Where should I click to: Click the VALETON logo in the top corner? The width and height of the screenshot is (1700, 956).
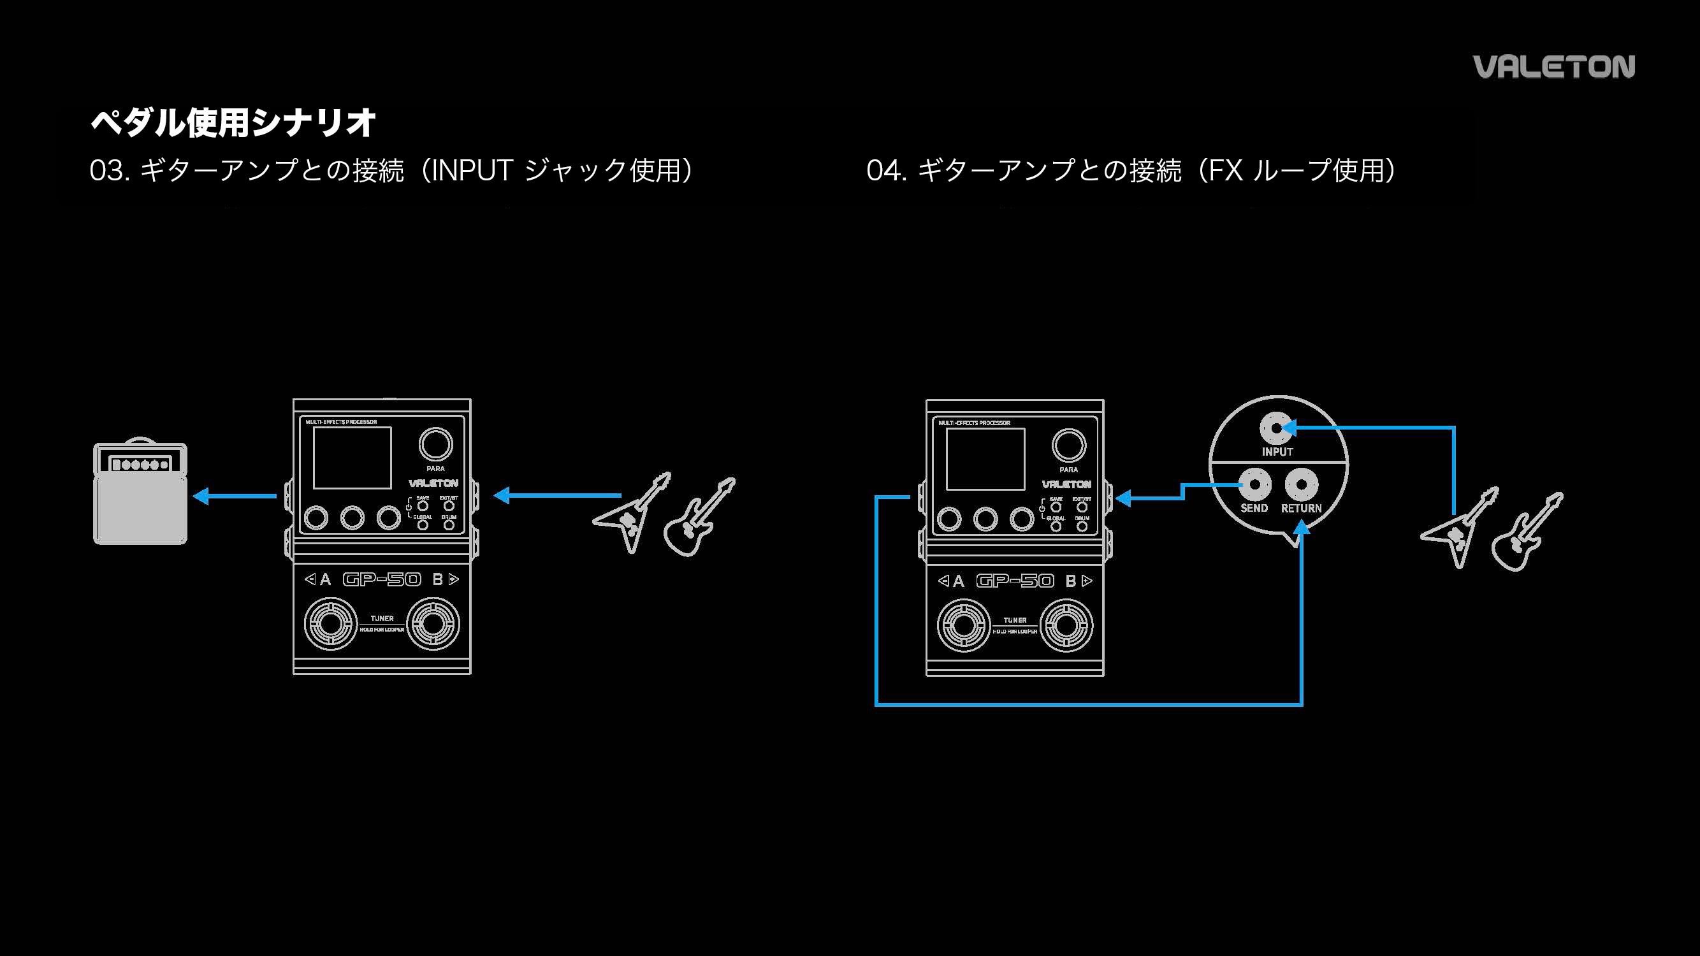click(x=1553, y=67)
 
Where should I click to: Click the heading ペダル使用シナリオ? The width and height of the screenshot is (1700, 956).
click(x=233, y=123)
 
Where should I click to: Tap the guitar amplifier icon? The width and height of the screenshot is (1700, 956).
click(x=140, y=492)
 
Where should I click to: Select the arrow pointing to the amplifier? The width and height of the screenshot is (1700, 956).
click(x=235, y=495)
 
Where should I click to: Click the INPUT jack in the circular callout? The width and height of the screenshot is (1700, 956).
click(x=1276, y=429)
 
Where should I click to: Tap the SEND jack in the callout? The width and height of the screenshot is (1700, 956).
click(x=1254, y=485)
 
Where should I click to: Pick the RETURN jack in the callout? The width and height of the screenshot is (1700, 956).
click(x=1301, y=485)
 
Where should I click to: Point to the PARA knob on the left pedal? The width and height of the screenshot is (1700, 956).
click(x=435, y=445)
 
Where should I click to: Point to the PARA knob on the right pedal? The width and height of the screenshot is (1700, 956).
click(x=1068, y=446)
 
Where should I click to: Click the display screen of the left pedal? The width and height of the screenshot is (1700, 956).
click(x=352, y=458)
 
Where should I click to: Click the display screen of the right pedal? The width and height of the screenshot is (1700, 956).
click(x=985, y=459)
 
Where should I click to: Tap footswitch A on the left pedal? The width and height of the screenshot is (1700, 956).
click(x=330, y=623)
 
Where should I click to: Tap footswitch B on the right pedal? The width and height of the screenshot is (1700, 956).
click(x=1066, y=625)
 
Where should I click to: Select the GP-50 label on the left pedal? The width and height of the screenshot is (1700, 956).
click(x=382, y=579)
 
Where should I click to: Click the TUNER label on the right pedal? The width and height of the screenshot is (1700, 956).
click(x=1015, y=620)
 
